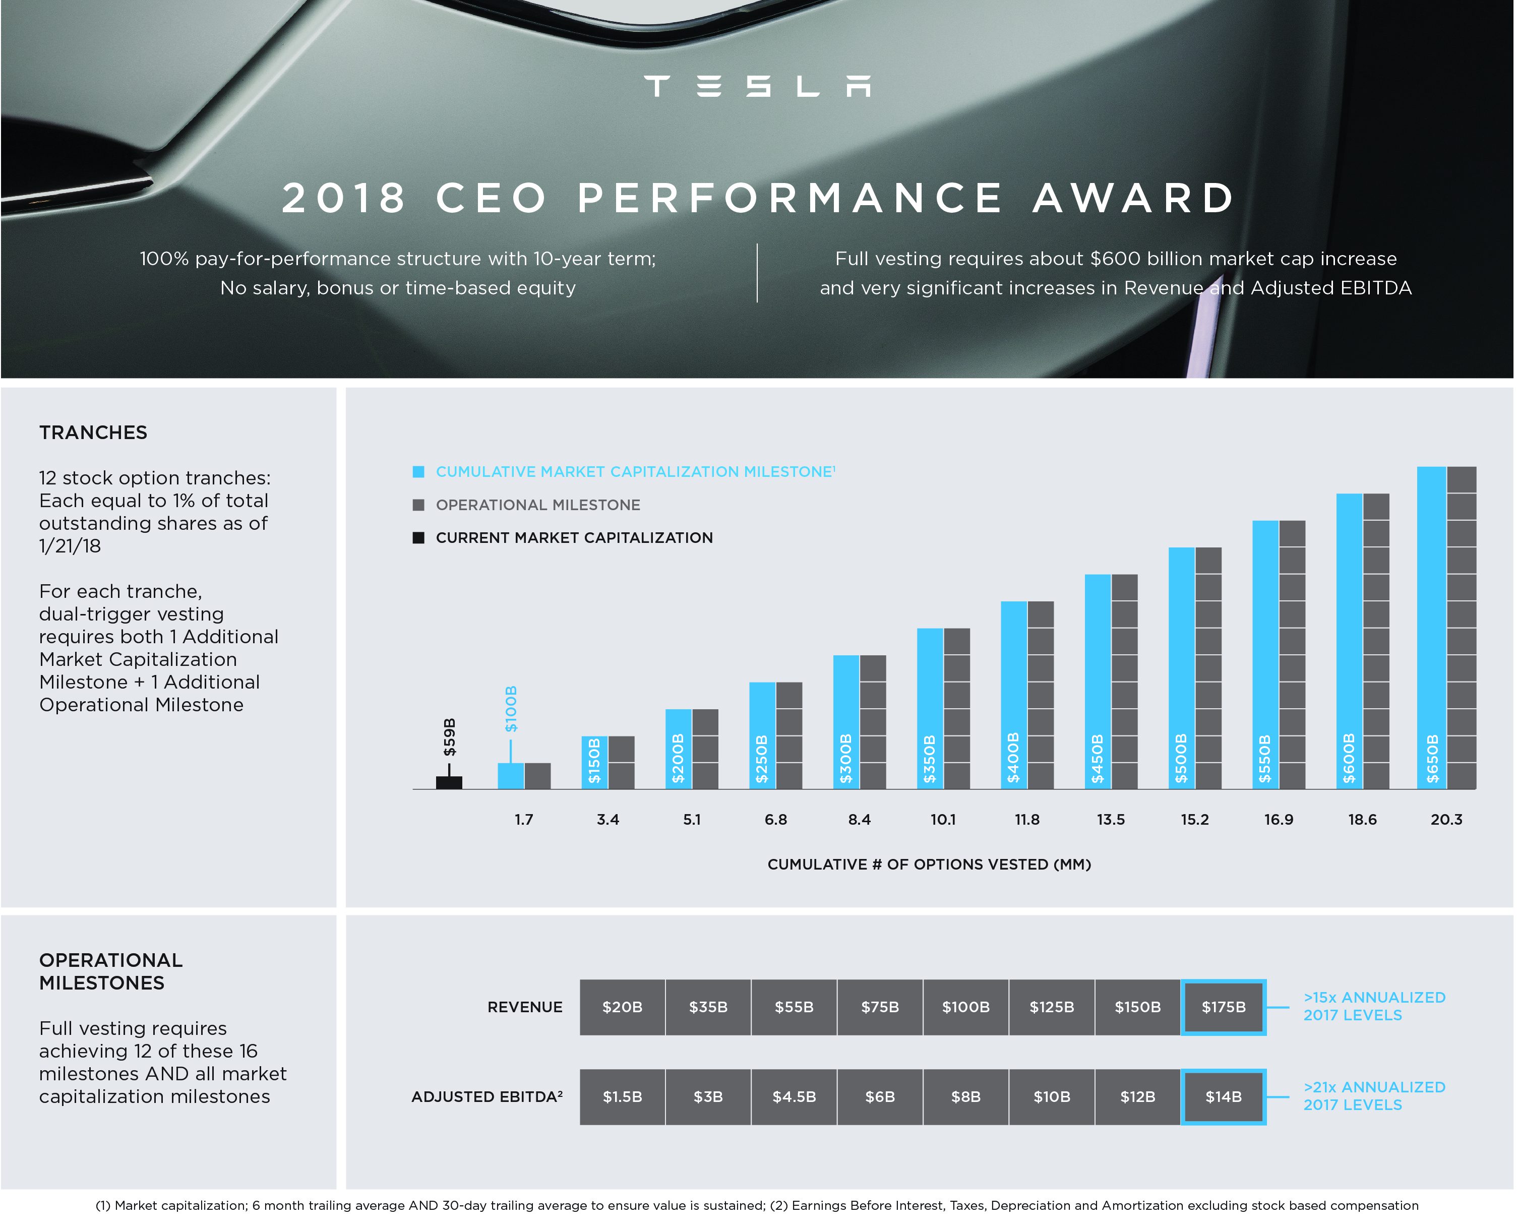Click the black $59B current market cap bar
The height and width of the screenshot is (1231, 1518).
[x=449, y=782]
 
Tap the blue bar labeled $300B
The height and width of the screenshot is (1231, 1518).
[x=846, y=722]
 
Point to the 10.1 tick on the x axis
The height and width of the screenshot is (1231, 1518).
[x=943, y=820]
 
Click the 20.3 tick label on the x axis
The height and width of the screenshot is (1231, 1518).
[x=1446, y=820]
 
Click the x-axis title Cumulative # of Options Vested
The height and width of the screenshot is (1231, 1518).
[x=929, y=865]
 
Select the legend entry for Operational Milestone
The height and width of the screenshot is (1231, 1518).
[x=537, y=505]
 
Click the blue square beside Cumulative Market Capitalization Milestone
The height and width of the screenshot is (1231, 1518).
[x=418, y=471]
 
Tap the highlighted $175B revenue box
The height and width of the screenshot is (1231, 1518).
[x=1224, y=1007]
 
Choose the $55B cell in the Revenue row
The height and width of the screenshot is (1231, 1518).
[x=794, y=1007]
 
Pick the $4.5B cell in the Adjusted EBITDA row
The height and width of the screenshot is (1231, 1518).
[x=794, y=1097]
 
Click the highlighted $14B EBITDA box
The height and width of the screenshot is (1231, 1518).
[x=1224, y=1097]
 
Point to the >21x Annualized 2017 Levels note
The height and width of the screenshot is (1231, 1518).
[x=1374, y=1096]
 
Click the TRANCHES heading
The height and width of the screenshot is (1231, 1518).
[x=93, y=433]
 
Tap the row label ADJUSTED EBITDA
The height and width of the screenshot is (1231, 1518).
[x=487, y=1097]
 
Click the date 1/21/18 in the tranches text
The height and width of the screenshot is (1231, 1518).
[x=70, y=546]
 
